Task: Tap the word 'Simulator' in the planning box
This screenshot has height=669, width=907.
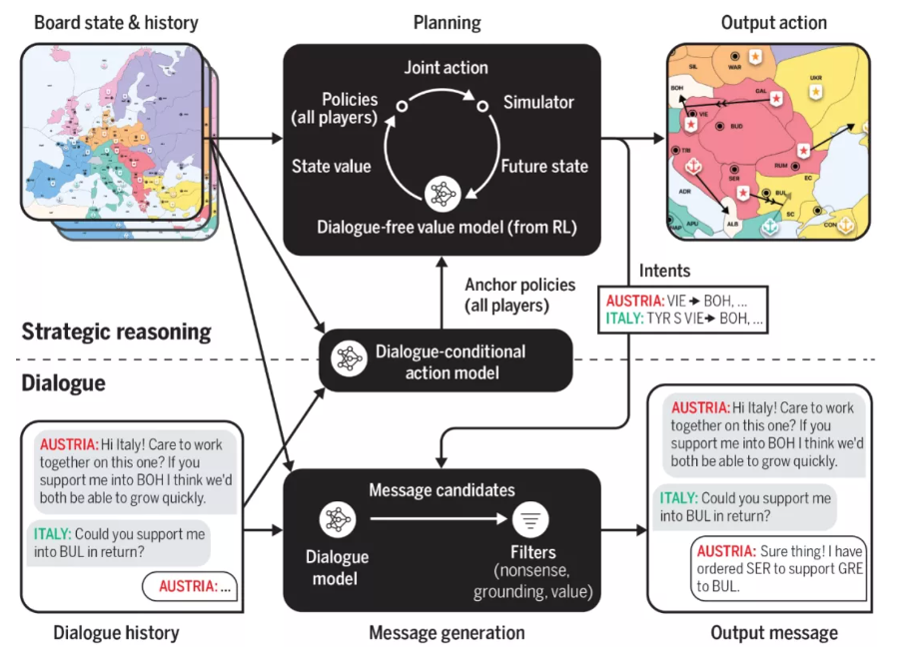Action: tap(538, 103)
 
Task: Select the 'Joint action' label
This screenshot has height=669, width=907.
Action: tap(446, 68)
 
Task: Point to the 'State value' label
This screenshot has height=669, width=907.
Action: tap(331, 166)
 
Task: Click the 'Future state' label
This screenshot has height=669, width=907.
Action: tap(544, 166)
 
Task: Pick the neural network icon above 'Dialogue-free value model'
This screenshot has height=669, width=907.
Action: tap(441, 193)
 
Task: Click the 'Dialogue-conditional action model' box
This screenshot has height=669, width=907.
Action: tap(445, 361)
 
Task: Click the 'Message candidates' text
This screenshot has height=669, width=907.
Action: tap(442, 489)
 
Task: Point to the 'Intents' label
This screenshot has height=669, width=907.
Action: tap(665, 271)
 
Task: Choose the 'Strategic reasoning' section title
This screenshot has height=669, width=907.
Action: tap(116, 332)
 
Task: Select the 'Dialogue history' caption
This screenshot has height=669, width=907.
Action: tap(116, 632)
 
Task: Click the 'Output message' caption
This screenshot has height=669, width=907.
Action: tap(774, 632)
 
